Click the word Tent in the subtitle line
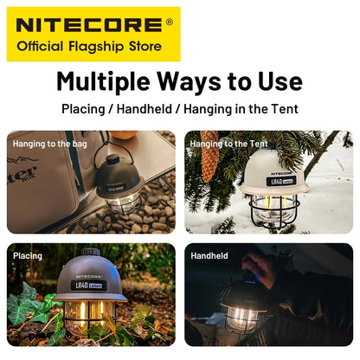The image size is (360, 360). pyautogui.click(x=281, y=110)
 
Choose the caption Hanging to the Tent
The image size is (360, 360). pyautogui.click(x=228, y=144)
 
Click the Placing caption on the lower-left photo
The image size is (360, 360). pyautogui.click(x=28, y=256)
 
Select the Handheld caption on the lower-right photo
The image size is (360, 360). pyautogui.click(x=209, y=256)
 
